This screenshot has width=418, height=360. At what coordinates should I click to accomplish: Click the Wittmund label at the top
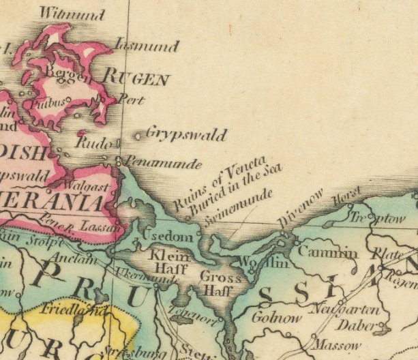72,14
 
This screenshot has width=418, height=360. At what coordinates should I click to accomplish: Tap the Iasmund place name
147,46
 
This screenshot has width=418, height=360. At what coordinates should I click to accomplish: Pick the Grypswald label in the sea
185,134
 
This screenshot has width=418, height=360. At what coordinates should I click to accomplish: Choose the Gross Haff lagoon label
220,284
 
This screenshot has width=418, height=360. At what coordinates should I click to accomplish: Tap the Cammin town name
327,252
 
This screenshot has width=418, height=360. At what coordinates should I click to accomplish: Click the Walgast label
87,185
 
